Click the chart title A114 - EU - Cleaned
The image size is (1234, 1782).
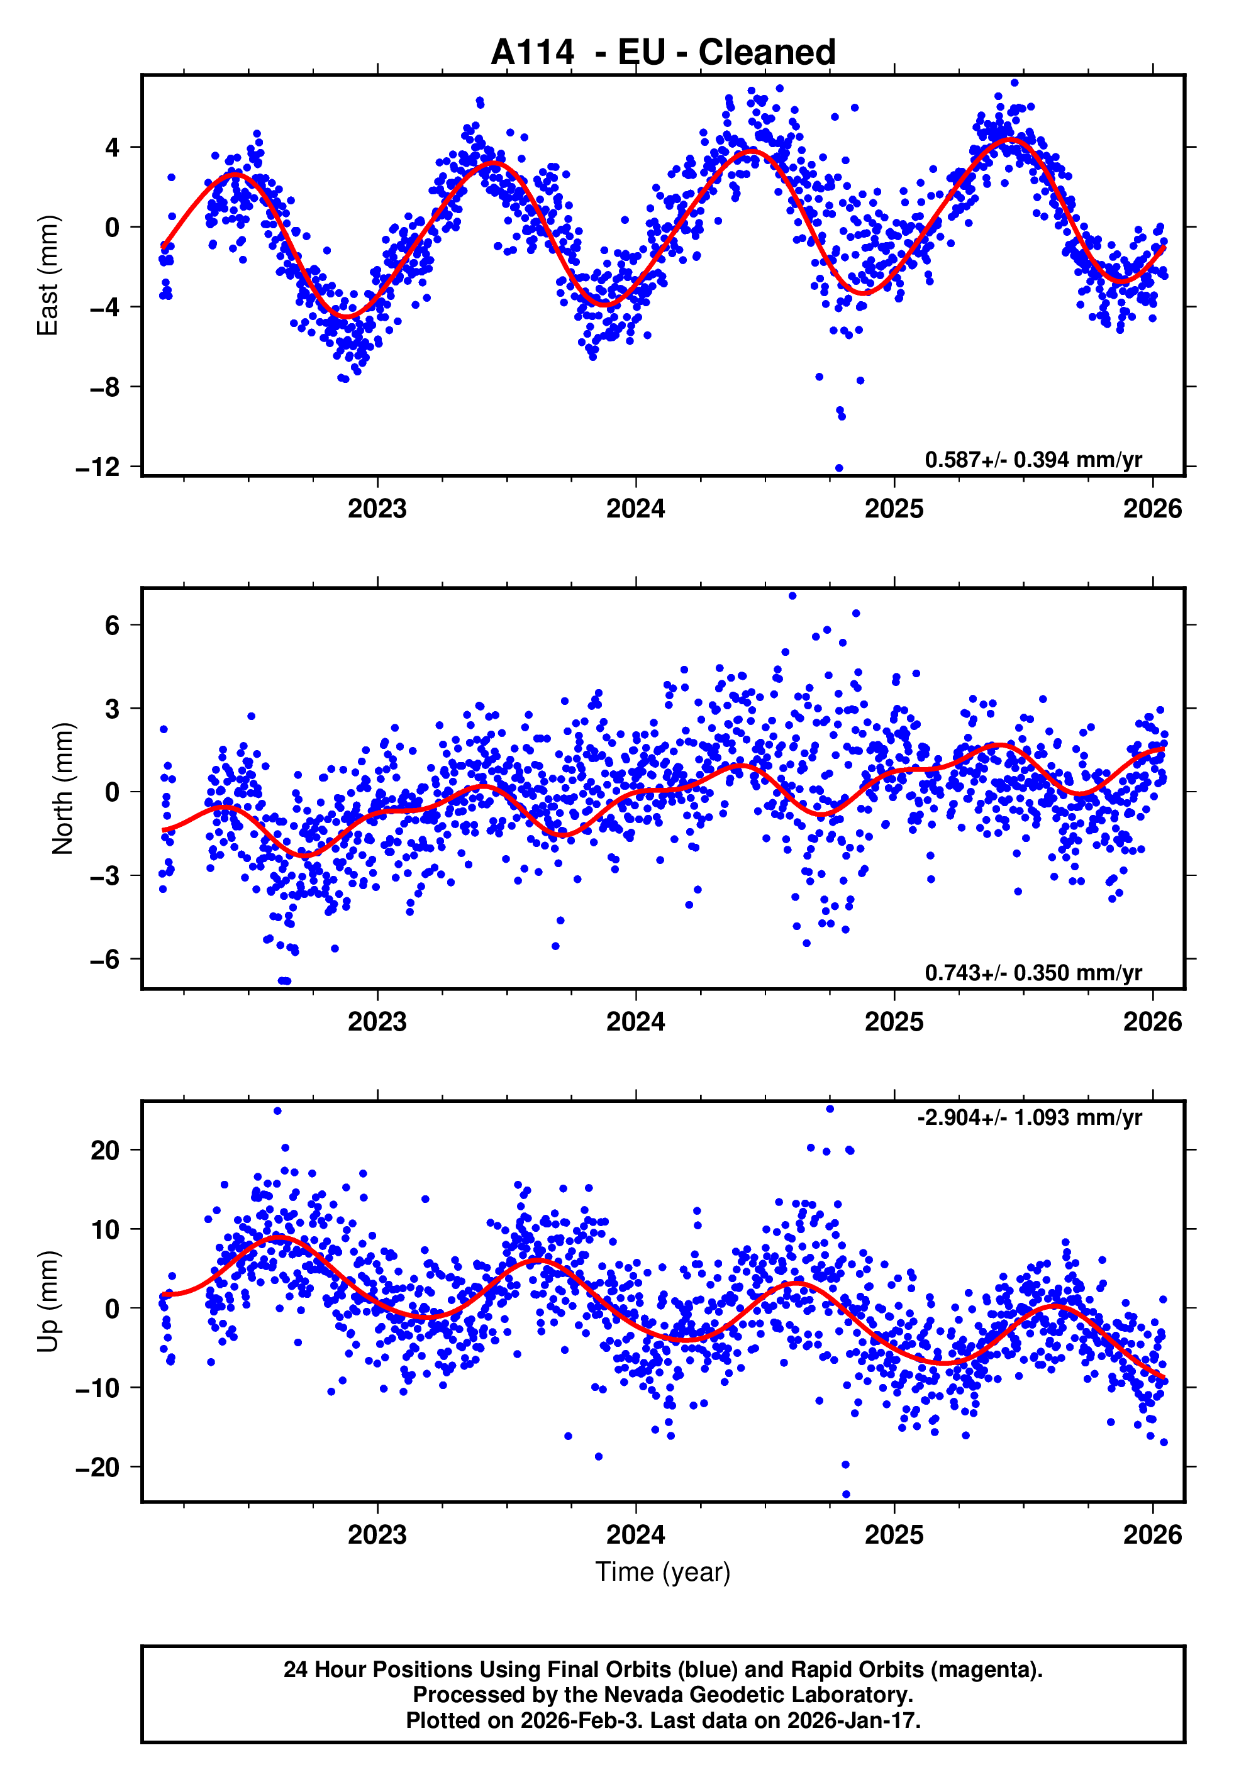(663, 53)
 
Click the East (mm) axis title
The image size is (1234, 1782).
(48, 275)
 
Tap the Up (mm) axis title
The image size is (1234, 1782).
(48, 1302)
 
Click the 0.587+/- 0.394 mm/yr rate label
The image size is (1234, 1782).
(1033, 460)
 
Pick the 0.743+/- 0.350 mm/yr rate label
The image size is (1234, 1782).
(1033, 972)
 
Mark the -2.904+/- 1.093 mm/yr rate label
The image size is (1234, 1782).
(1029, 1117)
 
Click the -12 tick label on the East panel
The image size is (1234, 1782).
(97, 468)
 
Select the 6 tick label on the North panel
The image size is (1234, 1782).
(113, 625)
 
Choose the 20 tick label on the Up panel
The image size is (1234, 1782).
(105, 1150)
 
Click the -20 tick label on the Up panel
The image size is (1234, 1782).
(97, 1467)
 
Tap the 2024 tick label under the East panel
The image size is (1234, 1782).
(636, 509)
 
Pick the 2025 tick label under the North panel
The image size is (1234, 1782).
(894, 1022)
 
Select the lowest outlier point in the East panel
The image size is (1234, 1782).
(839, 468)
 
